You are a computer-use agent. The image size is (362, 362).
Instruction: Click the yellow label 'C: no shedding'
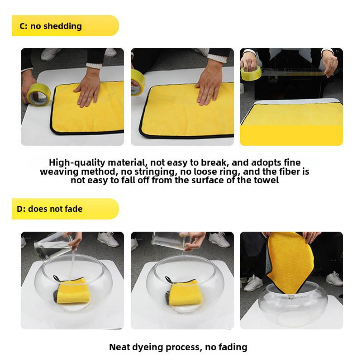pyautogui.click(x=51, y=26)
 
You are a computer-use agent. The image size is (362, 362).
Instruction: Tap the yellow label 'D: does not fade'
pyautogui.click(x=50, y=210)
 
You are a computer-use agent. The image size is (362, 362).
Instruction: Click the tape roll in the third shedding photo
pyautogui.click(x=250, y=72)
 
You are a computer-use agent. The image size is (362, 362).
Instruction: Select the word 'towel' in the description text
pyautogui.click(x=265, y=180)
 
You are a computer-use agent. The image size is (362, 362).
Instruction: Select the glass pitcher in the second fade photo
pyautogui.click(x=170, y=241)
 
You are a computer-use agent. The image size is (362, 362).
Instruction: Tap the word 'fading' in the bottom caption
pyautogui.click(x=231, y=348)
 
